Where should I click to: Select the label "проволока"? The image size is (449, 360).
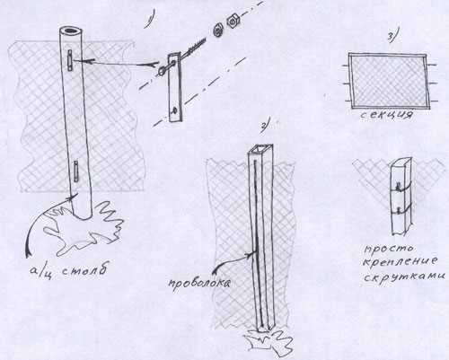[199, 284]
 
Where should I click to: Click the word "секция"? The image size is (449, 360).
[386, 115]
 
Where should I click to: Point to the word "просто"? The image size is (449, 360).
[388, 250]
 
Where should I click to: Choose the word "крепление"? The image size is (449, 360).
[400, 261]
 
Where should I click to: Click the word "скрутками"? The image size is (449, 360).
[404, 276]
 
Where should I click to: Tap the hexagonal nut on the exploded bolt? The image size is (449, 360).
[232, 22]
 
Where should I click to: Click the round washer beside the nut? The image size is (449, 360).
[217, 30]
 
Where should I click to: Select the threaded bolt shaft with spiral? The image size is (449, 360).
[195, 47]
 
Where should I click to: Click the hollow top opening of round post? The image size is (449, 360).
[71, 31]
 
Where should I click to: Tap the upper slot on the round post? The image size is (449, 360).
[70, 60]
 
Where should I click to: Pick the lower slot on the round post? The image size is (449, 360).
[76, 171]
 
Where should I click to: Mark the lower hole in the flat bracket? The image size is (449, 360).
[174, 110]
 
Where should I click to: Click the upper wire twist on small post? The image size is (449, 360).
[399, 186]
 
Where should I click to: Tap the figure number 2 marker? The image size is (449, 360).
[266, 123]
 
